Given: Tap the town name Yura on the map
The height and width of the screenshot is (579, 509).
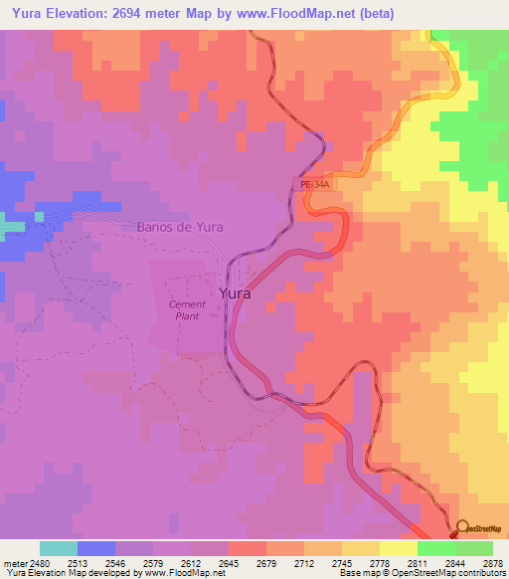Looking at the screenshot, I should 234,294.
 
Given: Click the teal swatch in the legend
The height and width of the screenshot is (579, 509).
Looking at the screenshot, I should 59,548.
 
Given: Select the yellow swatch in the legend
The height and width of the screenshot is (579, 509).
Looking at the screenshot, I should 399,548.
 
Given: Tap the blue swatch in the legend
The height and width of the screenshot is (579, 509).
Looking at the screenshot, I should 96,548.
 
